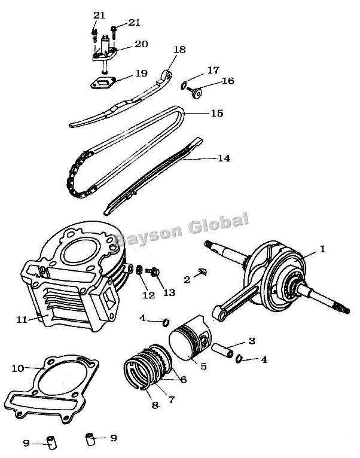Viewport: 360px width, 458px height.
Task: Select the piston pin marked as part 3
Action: point(226,348)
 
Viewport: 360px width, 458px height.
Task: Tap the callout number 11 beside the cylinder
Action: point(22,320)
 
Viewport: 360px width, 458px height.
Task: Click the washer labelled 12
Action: point(138,270)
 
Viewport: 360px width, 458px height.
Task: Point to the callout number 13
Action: point(169,293)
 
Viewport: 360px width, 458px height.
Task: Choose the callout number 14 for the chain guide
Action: point(223,158)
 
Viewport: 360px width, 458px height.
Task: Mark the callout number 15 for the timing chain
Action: point(216,112)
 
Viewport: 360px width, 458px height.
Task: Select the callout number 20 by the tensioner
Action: point(141,44)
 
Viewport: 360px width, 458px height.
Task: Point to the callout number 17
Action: point(213,69)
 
